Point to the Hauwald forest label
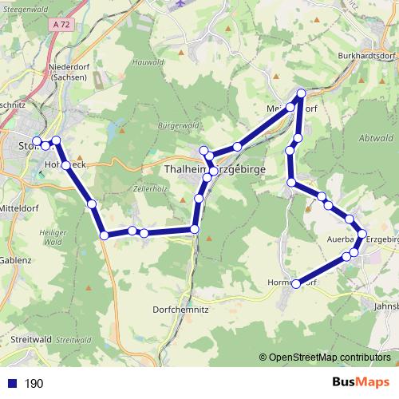pyautogui.click(x=150, y=84)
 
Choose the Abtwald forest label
pyautogui.click(x=377, y=136)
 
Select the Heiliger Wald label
pyautogui.click(x=53, y=236)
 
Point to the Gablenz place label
pyautogui.click(x=15, y=259)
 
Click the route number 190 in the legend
pyautogui.click(x=34, y=384)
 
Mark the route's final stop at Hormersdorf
pyautogui.click(x=296, y=283)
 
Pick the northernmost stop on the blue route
pyautogui.click(x=301, y=94)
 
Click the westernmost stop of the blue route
pyautogui.click(x=37, y=142)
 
